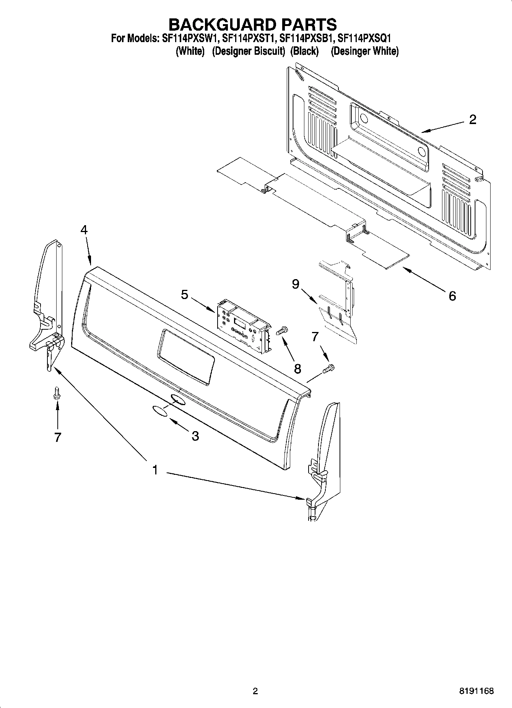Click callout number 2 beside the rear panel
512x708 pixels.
coord(473,119)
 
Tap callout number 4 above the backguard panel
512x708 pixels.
coord(84,230)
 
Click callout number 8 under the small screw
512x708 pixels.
coord(297,368)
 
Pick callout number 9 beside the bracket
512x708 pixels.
coord(295,284)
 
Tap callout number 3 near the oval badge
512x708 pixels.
coord(195,436)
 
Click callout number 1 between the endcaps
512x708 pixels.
coord(155,469)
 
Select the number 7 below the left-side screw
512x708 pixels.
coord(57,437)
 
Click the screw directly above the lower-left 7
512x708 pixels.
coord(57,393)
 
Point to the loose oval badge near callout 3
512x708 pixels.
coord(159,411)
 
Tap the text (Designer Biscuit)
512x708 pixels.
coord(249,51)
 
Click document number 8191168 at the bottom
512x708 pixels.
coord(476,691)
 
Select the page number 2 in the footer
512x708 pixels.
coord(255,691)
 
